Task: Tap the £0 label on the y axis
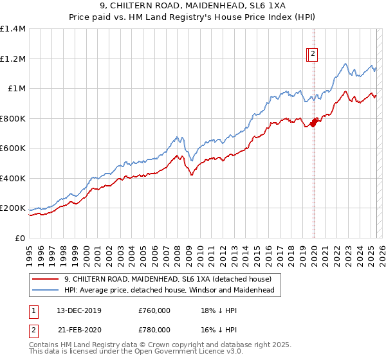coord(19,238)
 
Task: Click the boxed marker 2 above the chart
coord(313,55)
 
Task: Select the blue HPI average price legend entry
coord(169,291)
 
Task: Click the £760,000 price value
coord(154,310)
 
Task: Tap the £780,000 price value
coord(154,329)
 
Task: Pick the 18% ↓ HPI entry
coord(216,310)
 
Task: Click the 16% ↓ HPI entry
coord(216,329)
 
